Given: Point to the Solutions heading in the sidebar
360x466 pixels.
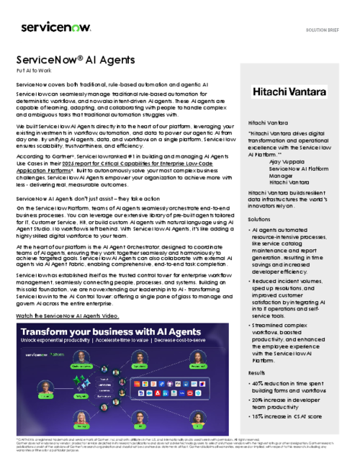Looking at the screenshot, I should pyautogui.click(x=259, y=218).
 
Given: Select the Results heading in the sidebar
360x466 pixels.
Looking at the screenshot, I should pyautogui.click(x=257, y=373).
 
